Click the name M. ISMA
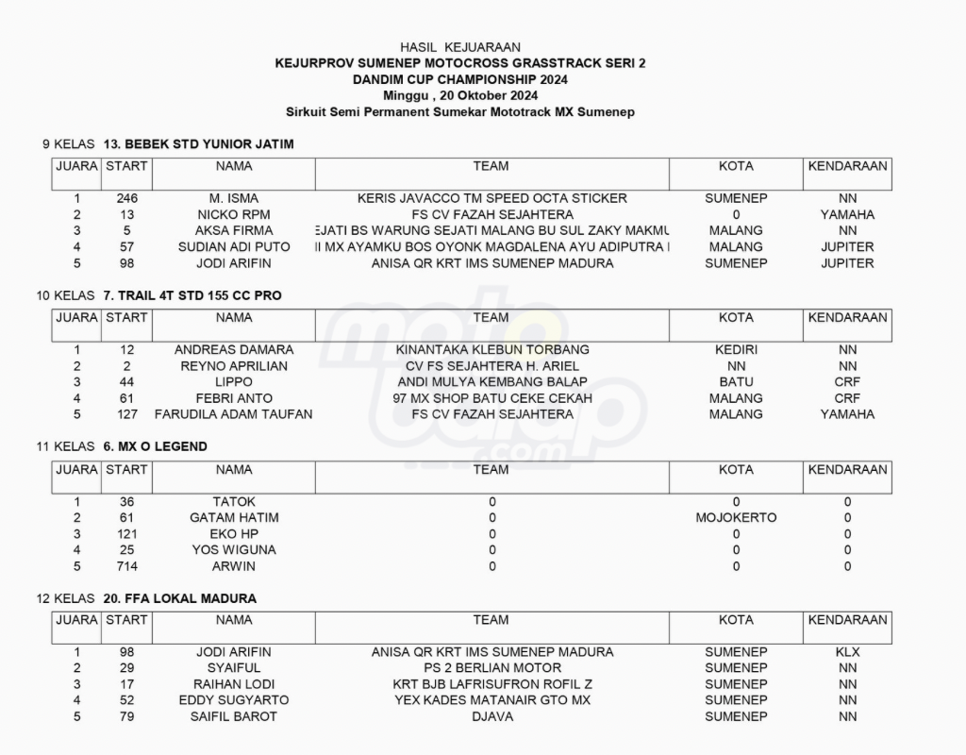click(x=234, y=198)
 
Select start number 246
click(x=127, y=198)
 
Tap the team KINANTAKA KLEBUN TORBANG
click(x=491, y=350)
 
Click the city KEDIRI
click(x=736, y=350)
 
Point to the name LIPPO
click(x=234, y=382)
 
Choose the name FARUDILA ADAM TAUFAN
click(x=234, y=414)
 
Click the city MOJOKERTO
click(x=736, y=518)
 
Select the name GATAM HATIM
click(x=234, y=518)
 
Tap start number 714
click(x=127, y=566)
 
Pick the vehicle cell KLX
click(x=847, y=652)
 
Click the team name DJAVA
click(x=491, y=716)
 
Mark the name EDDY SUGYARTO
click(x=234, y=700)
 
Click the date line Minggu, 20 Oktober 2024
click(x=460, y=95)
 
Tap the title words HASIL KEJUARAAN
click(x=460, y=46)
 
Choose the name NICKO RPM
click(x=234, y=214)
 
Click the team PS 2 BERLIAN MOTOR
click(x=491, y=668)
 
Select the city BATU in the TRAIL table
click(x=736, y=382)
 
